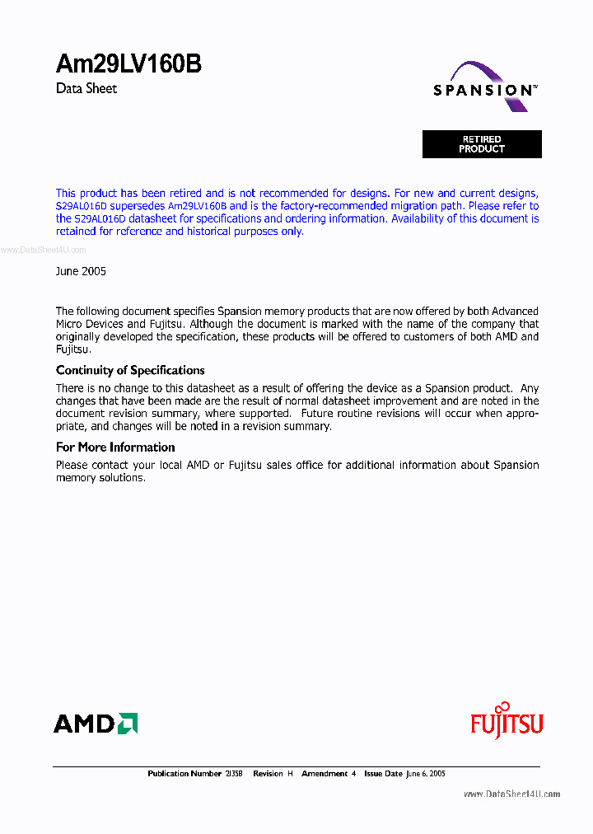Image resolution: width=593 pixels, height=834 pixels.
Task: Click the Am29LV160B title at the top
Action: (x=128, y=64)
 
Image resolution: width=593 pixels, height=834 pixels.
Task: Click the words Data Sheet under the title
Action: (x=86, y=88)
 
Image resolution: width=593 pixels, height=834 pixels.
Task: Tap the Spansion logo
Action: (x=485, y=89)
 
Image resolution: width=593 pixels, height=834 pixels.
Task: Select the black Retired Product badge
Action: (x=482, y=144)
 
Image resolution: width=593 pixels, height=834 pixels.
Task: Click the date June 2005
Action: (x=81, y=271)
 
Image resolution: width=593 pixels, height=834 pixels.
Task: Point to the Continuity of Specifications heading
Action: (x=130, y=370)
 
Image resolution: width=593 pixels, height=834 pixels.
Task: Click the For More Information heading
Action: (x=115, y=447)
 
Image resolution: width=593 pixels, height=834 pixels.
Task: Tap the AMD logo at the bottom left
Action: (x=96, y=724)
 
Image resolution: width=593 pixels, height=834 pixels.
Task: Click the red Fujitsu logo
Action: (x=507, y=724)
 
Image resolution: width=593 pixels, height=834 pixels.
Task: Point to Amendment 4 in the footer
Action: (x=329, y=774)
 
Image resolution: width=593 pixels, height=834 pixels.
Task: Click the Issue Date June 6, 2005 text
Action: (x=405, y=774)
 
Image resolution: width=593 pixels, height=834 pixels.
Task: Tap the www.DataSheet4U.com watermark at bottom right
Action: (x=511, y=794)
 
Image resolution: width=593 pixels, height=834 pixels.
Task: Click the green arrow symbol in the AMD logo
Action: (x=128, y=724)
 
